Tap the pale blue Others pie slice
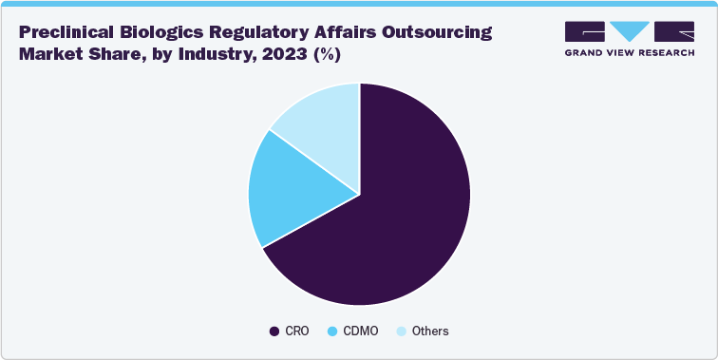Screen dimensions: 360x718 pos(323,119)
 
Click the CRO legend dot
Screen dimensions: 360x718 pos(275,332)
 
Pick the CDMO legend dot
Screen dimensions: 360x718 pos(332,332)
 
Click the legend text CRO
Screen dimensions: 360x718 pos(294,332)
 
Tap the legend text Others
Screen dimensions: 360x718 pos(430,332)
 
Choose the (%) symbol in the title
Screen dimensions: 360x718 pos(329,54)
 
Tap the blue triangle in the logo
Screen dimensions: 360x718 pos(629,28)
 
